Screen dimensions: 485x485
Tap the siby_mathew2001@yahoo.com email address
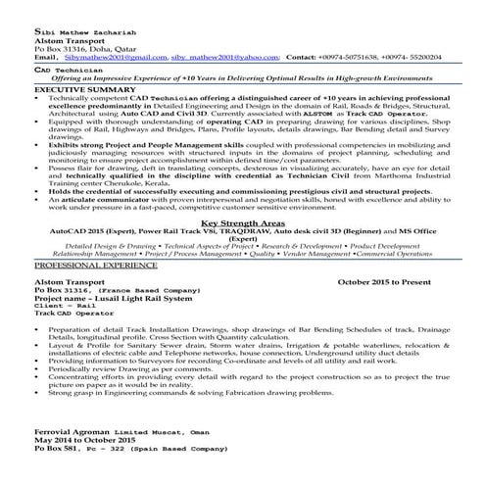pyautogui.click(x=221, y=60)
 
